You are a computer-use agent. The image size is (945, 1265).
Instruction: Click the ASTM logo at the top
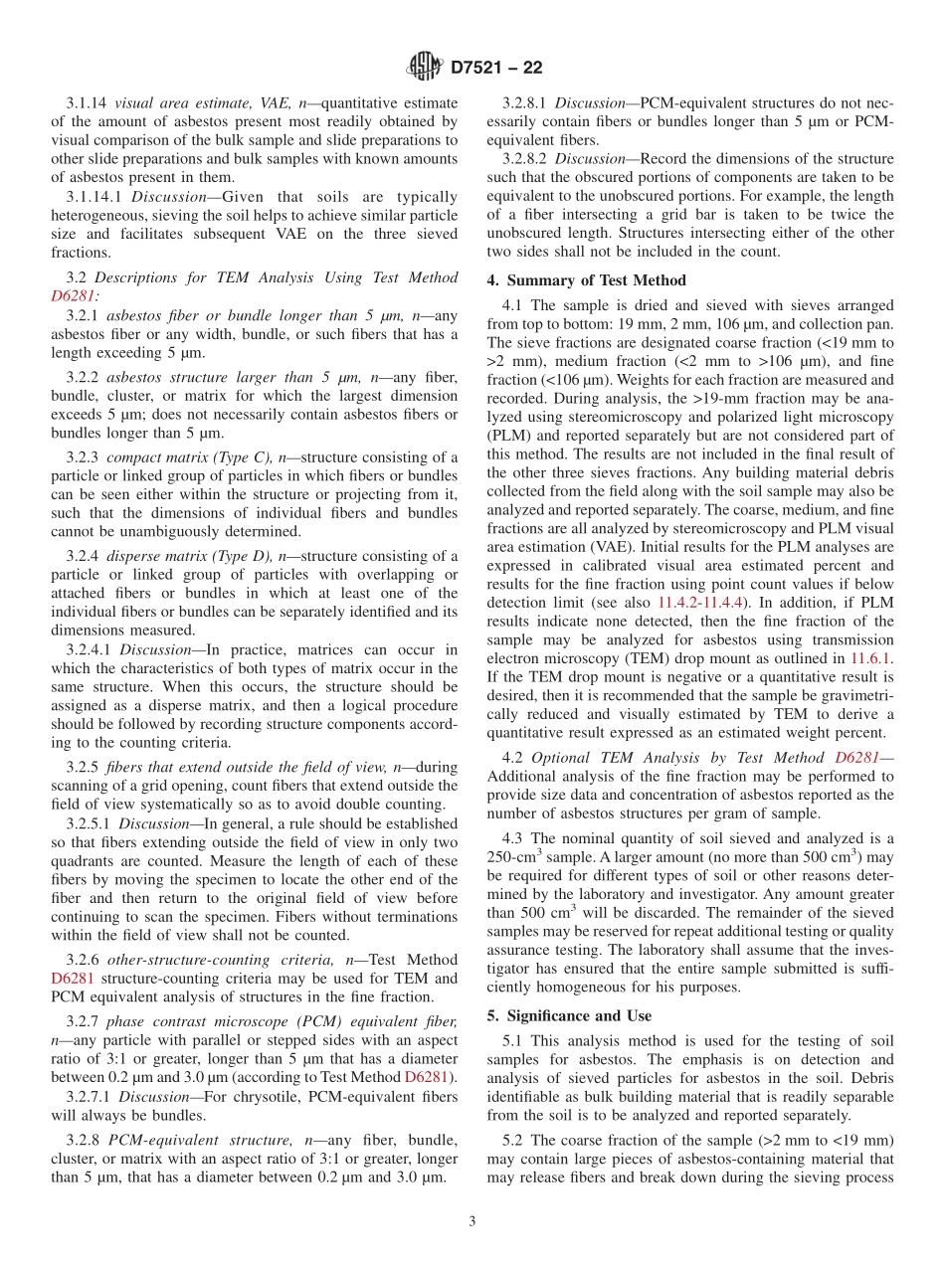pos(425,68)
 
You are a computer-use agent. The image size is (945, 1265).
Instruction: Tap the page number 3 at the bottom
pos(472,1221)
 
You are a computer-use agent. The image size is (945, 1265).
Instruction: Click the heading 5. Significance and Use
pos(569,1015)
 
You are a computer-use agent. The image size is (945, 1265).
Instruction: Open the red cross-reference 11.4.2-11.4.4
pos(699,603)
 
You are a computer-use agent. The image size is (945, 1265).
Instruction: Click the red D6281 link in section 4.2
pos(856,758)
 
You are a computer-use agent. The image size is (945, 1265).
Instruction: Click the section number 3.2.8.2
pos(525,159)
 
